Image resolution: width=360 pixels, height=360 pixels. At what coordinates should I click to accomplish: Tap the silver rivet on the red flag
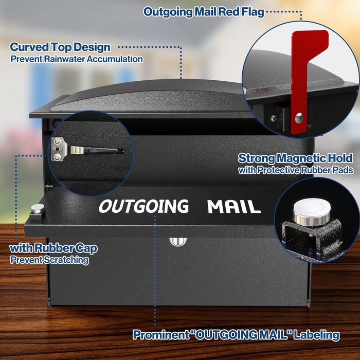(x=299, y=118)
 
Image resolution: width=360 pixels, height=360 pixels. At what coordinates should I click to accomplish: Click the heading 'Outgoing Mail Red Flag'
(x=204, y=12)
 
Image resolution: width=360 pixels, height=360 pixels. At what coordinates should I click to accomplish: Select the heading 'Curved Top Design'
(x=60, y=47)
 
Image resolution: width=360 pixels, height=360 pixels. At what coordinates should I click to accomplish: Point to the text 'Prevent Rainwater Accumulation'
(x=77, y=59)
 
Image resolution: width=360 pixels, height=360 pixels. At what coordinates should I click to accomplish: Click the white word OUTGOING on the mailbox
(x=143, y=206)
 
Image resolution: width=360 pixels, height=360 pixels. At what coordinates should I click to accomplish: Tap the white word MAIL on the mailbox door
(x=234, y=206)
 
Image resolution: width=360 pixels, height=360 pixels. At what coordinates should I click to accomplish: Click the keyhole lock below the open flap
(x=178, y=242)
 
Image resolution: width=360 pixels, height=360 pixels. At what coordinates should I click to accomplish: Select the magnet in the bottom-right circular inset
(x=312, y=212)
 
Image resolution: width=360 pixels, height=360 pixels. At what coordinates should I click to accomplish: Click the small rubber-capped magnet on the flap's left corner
(x=38, y=208)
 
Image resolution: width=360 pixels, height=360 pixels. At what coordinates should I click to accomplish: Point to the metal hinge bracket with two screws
(x=58, y=149)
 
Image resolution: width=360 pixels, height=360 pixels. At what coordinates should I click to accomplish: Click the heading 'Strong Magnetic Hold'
(x=295, y=158)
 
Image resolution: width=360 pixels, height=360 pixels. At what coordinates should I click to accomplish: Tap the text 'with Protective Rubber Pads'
(x=296, y=170)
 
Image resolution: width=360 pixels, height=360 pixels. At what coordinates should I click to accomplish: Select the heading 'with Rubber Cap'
(x=53, y=248)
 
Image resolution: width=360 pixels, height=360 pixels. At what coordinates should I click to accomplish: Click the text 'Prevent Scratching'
(x=49, y=260)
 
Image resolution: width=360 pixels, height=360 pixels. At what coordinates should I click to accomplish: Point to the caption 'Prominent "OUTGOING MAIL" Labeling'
(x=236, y=335)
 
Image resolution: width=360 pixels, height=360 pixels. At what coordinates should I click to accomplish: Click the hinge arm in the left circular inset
(x=97, y=150)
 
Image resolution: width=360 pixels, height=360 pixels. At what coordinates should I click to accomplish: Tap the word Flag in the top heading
(x=253, y=12)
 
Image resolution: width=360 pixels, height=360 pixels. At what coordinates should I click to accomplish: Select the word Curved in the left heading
(x=29, y=47)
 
